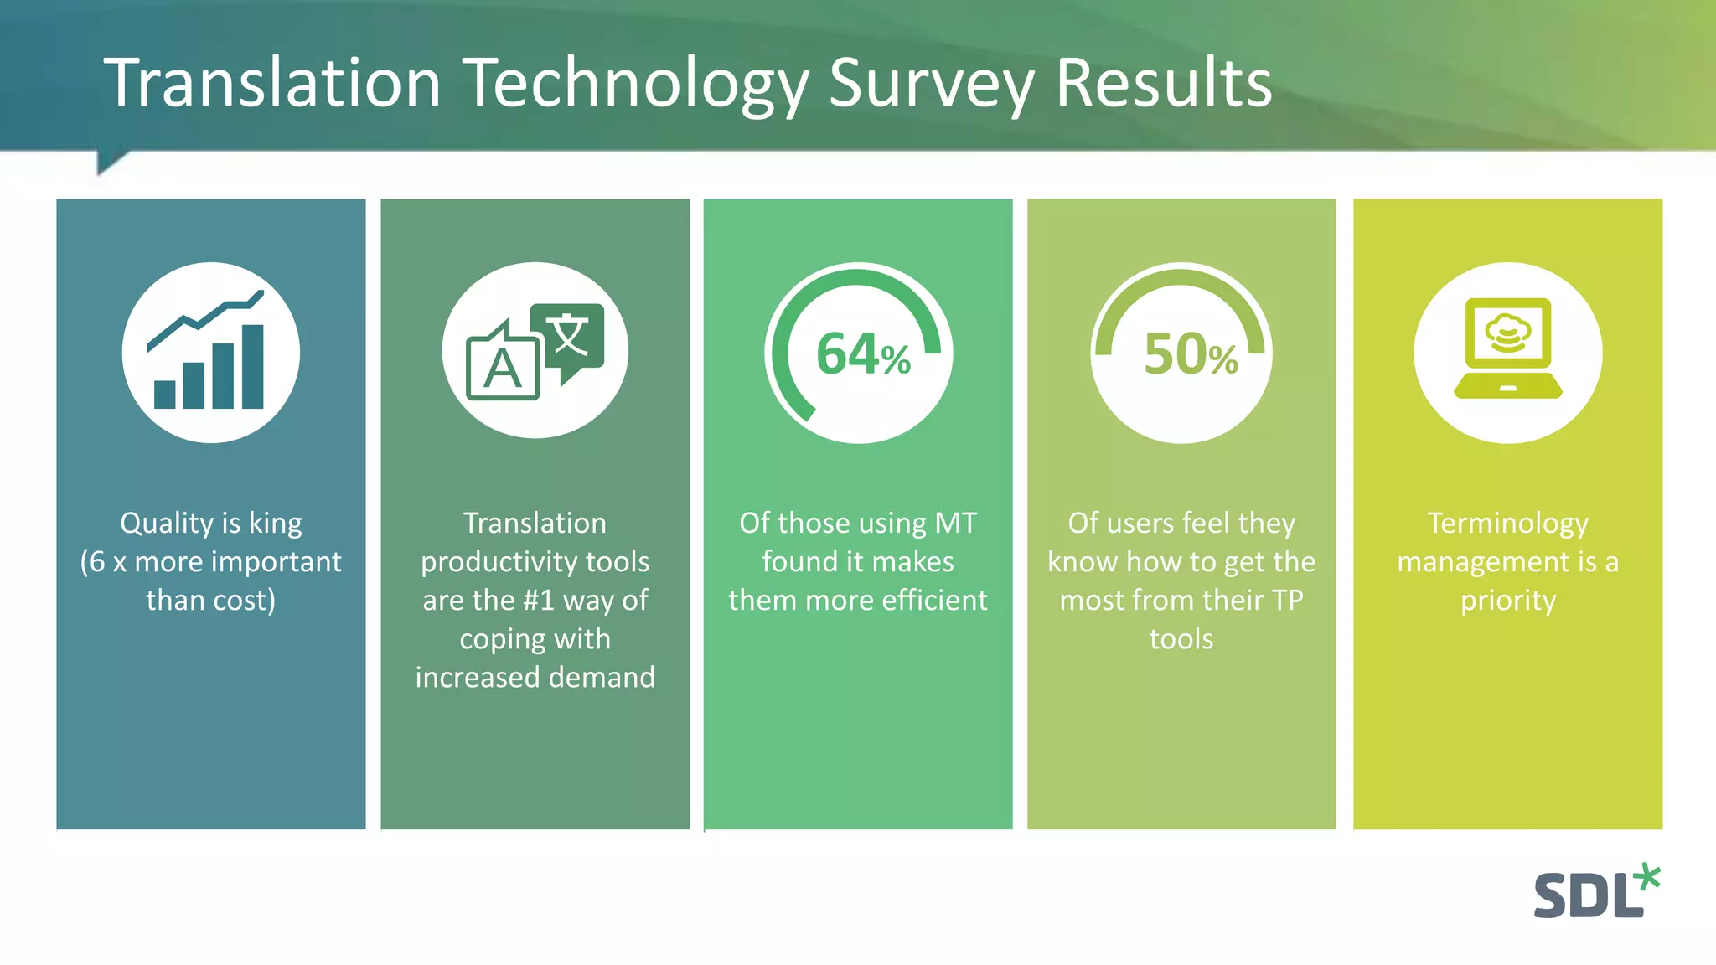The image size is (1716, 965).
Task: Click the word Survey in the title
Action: [931, 84]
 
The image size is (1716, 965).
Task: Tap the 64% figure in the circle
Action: [862, 353]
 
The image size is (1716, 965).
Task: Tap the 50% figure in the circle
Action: [1190, 353]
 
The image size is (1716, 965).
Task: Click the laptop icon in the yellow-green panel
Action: [1507, 348]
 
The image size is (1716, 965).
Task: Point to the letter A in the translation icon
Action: [503, 369]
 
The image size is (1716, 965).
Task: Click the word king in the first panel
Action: [275, 523]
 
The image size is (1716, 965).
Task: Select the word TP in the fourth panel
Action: [1286, 600]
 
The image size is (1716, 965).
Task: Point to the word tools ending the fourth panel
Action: [1181, 638]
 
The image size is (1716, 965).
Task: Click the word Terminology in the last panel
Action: [1507, 523]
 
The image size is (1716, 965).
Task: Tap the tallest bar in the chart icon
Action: [252, 367]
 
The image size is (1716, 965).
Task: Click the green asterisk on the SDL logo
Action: [1647, 878]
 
